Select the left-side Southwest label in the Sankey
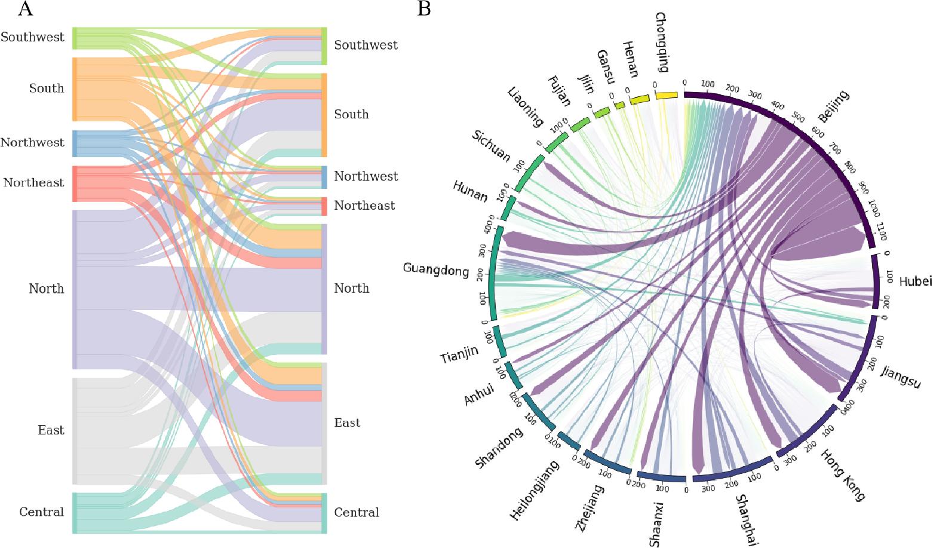(x=32, y=37)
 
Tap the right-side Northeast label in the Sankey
(x=364, y=206)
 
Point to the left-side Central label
(x=41, y=512)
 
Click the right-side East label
(x=347, y=423)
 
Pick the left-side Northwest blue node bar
(x=75, y=143)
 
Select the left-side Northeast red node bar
(x=75, y=183)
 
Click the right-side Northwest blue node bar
(x=324, y=177)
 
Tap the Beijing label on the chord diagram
(x=833, y=106)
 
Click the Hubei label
(x=915, y=281)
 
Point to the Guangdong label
(x=436, y=270)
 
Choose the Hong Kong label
(x=842, y=475)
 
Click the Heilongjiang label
(x=535, y=490)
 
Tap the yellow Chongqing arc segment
(x=666, y=96)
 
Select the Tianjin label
(x=459, y=354)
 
